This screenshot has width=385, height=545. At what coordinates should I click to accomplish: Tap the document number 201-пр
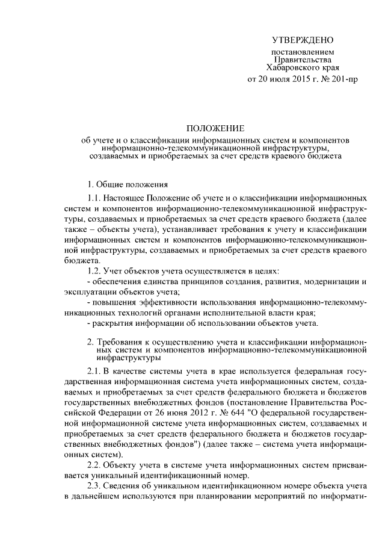pos(343,79)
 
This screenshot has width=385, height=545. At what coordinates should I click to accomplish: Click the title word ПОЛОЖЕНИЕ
pos(215,128)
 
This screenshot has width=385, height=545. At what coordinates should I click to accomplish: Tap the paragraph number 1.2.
pos(94,272)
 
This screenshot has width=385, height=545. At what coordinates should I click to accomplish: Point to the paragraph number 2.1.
pos(94,369)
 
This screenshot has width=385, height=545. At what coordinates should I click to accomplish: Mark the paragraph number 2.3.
pos(94,487)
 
